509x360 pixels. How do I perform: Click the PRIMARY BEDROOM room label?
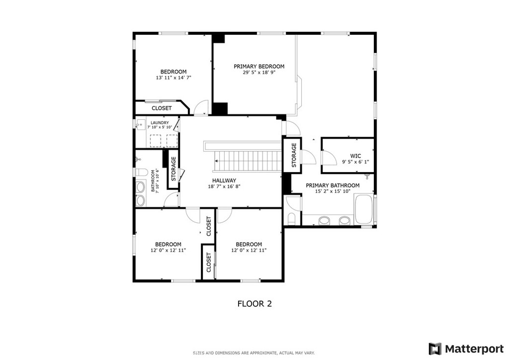point(258,66)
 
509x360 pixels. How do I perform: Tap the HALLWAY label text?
point(224,180)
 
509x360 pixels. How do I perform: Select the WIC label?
point(355,156)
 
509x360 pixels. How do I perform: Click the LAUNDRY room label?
point(160,123)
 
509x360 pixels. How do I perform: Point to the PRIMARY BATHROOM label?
point(333,185)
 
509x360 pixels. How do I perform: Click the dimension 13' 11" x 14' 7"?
point(173,78)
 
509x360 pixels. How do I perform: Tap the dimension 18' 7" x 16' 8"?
point(224,186)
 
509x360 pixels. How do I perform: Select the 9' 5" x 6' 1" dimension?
point(355,162)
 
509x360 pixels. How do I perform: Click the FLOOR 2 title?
point(254,304)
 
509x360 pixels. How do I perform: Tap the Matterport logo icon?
point(435,349)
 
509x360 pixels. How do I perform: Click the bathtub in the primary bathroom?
point(364,209)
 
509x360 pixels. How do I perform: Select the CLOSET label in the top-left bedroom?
point(162,108)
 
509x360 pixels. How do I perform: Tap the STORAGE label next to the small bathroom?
point(173,169)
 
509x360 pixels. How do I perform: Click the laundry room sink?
point(140,125)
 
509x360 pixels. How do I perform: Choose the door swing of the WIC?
point(330,158)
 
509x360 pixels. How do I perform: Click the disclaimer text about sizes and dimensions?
point(254,353)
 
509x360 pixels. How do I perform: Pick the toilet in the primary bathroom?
point(291,219)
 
